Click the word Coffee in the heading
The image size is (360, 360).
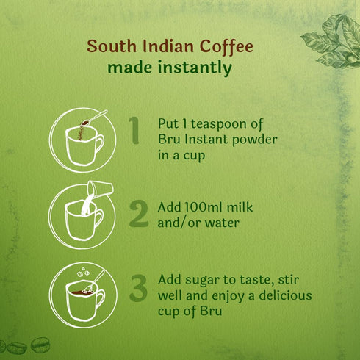(x=226, y=46)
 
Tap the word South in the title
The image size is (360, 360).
(x=112, y=46)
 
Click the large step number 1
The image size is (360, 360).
(x=134, y=130)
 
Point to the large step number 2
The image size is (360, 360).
(x=139, y=213)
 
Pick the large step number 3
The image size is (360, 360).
(x=138, y=288)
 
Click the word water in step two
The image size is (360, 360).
(x=222, y=223)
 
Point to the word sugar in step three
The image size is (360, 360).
(x=202, y=281)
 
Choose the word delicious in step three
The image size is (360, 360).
(x=285, y=295)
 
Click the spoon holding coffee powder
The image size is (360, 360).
(x=94, y=118)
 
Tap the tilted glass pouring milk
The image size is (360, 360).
(x=101, y=189)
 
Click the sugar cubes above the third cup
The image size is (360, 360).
(x=83, y=272)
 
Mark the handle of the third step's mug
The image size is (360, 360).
(x=100, y=299)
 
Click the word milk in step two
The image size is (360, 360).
(x=240, y=207)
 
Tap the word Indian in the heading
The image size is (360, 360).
(x=168, y=46)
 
